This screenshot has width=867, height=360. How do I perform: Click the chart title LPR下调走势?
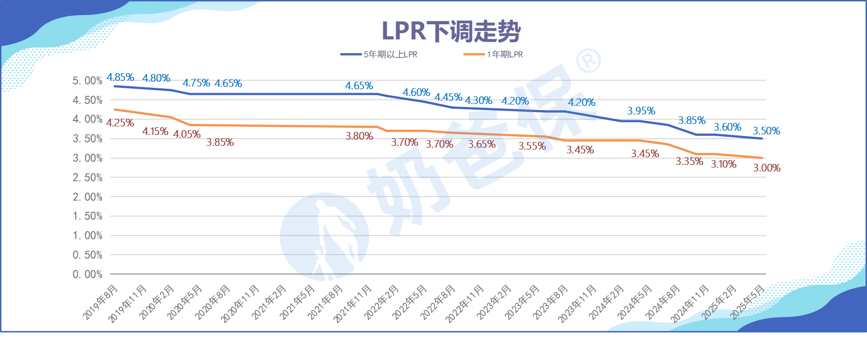[451, 31]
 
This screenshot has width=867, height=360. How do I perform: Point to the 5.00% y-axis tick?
[87, 81]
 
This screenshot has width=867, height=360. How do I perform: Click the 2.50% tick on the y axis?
[87, 178]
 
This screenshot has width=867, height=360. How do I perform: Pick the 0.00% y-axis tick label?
[87, 275]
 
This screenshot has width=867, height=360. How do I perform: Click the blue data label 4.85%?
[120, 77]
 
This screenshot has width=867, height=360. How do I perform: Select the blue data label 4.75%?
[196, 83]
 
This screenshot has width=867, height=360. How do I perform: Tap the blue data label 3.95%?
[641, 111]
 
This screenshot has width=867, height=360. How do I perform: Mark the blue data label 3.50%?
[766, 131]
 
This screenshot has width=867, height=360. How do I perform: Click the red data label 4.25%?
[120, 123]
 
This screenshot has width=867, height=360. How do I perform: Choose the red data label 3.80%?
[359, 136]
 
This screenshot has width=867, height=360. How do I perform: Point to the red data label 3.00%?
[767, 168]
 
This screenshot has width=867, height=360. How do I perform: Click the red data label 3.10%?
[724, 164]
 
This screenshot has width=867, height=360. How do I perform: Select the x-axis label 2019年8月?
[100, 302]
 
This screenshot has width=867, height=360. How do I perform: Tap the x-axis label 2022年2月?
[381, 302]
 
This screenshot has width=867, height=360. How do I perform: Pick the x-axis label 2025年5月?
[747, 302]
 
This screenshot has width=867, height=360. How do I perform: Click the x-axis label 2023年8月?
[550, 302]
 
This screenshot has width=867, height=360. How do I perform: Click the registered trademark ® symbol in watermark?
[589, 61]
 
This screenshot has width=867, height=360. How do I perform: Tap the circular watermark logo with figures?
[324, 237]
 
